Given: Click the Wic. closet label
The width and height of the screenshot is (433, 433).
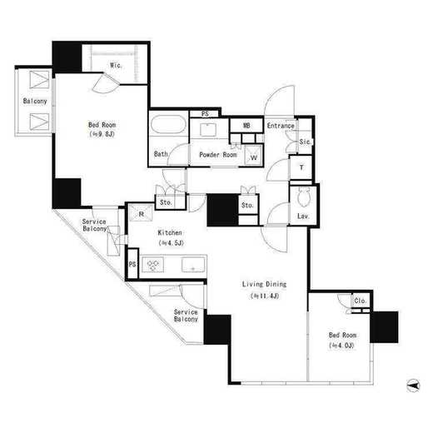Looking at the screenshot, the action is click(x=116, y=66).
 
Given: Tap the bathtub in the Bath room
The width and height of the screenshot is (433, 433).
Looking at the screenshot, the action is click(x=168, y=124).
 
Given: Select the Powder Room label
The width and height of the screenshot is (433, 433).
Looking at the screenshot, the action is click(x=218, y=155).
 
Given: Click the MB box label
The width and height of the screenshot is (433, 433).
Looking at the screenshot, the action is click(x=246, y=126).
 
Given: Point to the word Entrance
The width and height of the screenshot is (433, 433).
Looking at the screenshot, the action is click(x=281, y=126).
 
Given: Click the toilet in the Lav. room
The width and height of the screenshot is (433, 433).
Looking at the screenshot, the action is click(x=304, y=197).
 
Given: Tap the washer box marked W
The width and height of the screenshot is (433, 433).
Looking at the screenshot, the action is click(x=253, y=155).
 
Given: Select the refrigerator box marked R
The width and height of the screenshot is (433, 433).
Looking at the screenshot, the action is click(x=142, y=213).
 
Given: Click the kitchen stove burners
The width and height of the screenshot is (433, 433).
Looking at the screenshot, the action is click(x=153, y=264).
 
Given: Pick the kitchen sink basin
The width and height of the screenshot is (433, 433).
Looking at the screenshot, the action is click(x=193, y=265).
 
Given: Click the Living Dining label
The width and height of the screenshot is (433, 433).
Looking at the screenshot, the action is click(x=264, y=284).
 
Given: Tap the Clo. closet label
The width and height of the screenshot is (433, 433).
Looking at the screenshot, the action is click(x=361, y=301).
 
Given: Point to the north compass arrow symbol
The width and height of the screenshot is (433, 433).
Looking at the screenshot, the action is click(x=413, y=386).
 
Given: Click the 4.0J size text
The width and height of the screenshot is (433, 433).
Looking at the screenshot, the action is click(x=342, y=346).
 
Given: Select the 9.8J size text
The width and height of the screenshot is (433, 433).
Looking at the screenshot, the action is click(x=102, y=134).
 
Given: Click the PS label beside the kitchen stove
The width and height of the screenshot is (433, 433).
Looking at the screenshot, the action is click(x=132, y=264).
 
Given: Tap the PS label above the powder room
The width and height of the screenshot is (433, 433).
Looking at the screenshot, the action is click(x=205, y=114).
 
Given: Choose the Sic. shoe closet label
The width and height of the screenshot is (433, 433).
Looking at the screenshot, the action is click(x=305, y=142).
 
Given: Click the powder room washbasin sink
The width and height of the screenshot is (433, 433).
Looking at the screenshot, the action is click(x=208, y=129).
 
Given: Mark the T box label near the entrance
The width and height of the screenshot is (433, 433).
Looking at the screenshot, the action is click(x=301, y=167).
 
